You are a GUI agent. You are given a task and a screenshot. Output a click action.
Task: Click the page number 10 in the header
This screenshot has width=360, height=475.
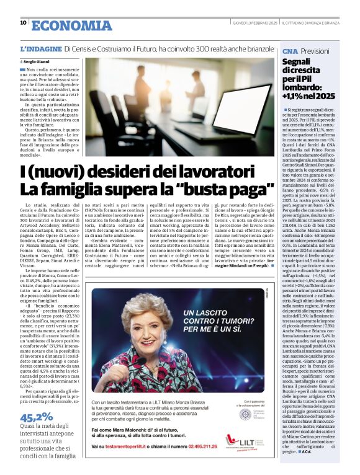(x=23, y=23)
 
